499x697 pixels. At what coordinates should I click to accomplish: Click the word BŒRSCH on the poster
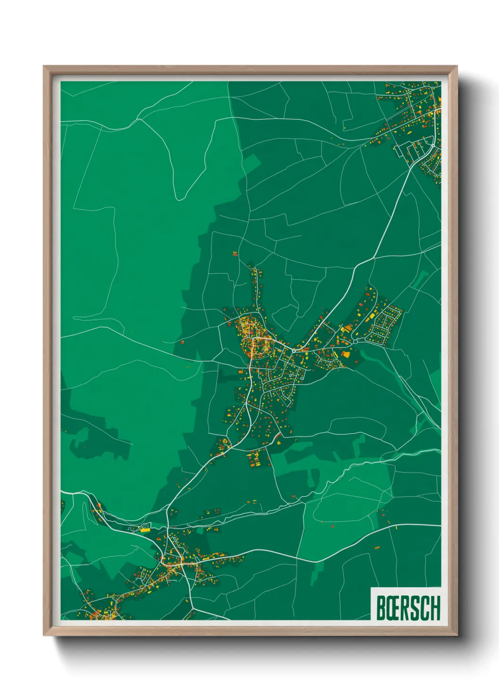click(x=408, y=608)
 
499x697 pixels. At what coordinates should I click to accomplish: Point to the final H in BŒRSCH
click(x=435, y=608)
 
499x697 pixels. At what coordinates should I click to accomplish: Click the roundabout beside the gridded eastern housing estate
click(x=355, y=340)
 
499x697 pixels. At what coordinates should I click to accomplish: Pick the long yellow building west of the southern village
click(x=144, y=530)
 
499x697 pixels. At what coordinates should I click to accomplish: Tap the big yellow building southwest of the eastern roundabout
click(x=345, y=354)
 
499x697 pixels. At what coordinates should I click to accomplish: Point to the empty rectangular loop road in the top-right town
click(x=403, y=150)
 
